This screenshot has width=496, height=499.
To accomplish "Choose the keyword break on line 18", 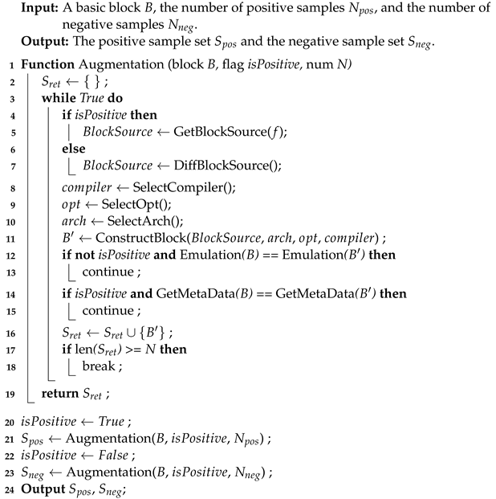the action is (98, 377).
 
